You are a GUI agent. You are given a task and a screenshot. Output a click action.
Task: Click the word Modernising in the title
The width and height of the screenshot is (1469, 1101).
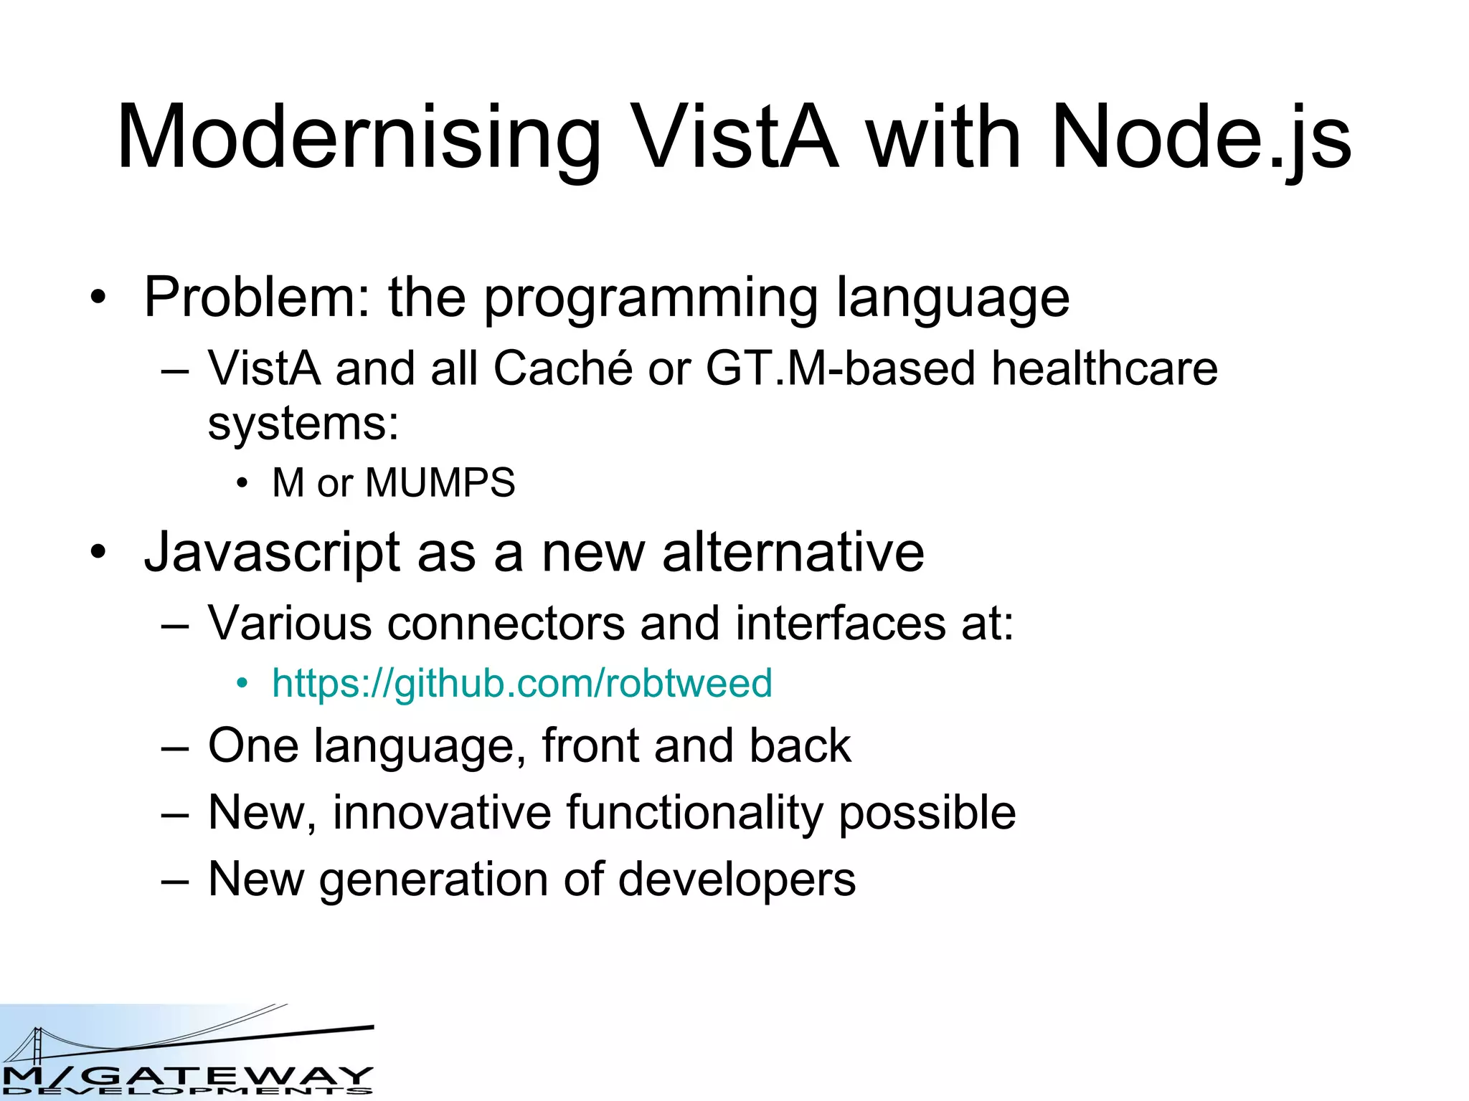click(x=359, y=138)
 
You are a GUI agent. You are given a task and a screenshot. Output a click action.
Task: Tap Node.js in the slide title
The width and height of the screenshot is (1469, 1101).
click(x=1201, y=138)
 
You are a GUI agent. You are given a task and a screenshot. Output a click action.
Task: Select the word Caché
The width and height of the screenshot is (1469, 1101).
click(x=562, y=368)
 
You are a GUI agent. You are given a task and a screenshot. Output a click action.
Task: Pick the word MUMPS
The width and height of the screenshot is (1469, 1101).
click(x=440, y=482)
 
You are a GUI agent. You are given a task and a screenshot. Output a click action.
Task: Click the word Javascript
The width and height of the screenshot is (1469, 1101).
click(x=273, y=553)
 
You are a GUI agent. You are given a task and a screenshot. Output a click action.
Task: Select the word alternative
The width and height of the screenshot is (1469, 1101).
click(x=793, y=553)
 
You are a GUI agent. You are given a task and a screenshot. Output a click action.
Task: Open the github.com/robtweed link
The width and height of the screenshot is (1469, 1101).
click(x=521, y=683)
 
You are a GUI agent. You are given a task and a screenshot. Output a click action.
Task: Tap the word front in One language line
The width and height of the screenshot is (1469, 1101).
click(x=590, y=745)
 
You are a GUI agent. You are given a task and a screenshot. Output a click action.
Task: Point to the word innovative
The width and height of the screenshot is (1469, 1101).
click(x=441, y=813)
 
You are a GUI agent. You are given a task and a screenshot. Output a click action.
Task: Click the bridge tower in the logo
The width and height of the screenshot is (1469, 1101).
click(x=36, y=1043)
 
